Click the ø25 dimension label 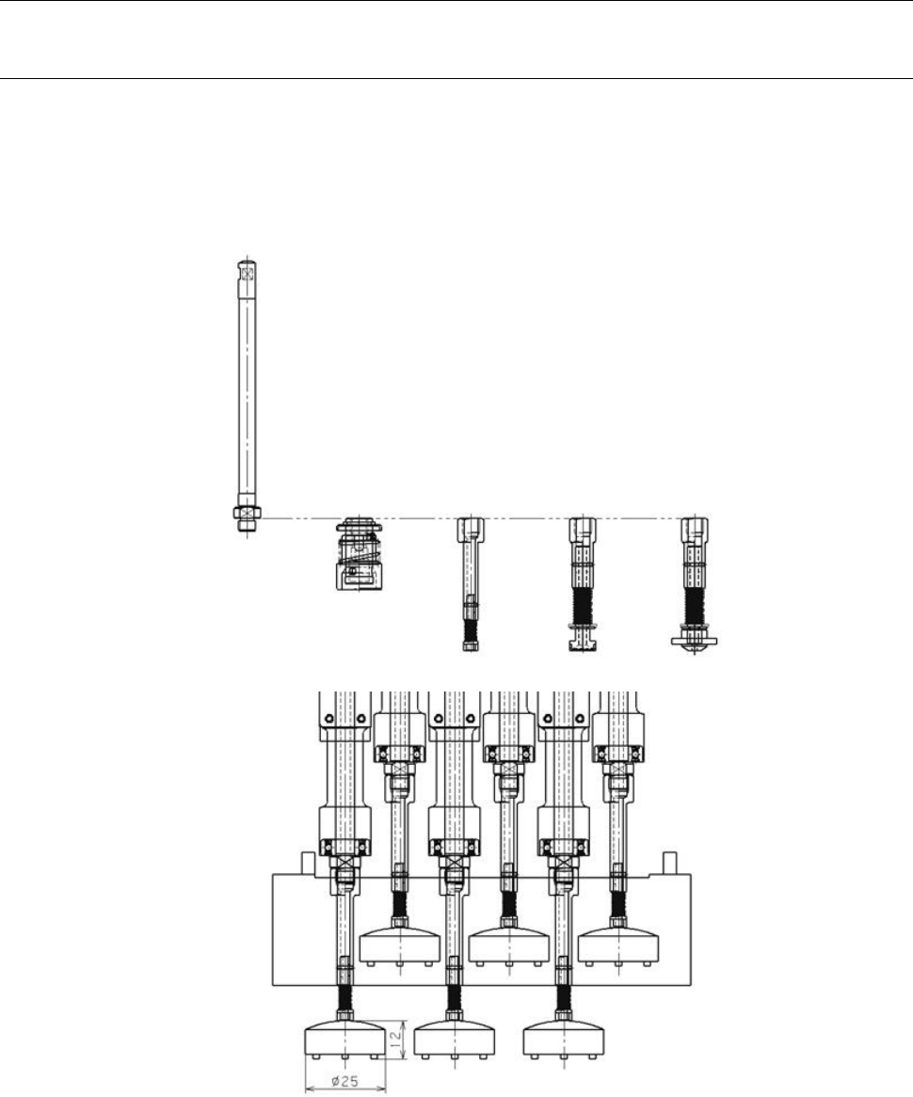(345, 1081)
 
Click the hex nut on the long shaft (248, 513)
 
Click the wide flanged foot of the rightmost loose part (694, 641)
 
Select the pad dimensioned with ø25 (345, 1037)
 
